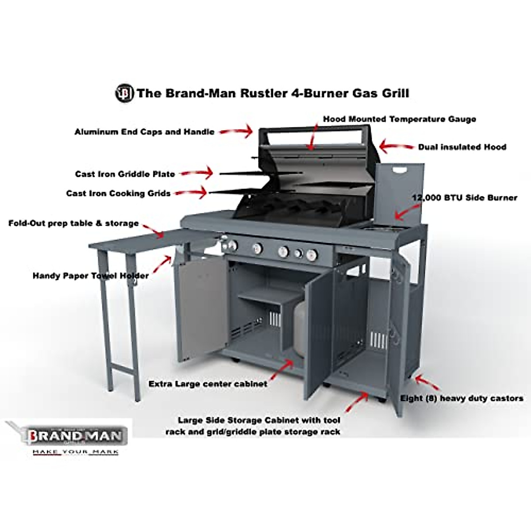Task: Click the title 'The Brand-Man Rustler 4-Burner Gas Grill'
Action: pos(273,93)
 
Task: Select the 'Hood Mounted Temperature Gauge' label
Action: pos(399,119)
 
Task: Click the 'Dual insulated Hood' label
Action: pos(462,147)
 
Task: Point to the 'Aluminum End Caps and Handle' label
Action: pos(144,132)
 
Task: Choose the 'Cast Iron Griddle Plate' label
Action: pos(125,174)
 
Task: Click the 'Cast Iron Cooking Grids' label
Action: pos(118,193)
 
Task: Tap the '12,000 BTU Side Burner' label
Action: pos(465,198)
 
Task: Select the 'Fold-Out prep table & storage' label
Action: pos(73,223)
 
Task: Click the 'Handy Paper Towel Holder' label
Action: pos(91,276)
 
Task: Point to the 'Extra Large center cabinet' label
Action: pos(208,384)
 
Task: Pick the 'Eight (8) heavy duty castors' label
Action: pos(462,398)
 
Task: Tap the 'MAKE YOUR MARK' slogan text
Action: pos(75,452)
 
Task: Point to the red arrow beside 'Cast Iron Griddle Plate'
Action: pos(196,173)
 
